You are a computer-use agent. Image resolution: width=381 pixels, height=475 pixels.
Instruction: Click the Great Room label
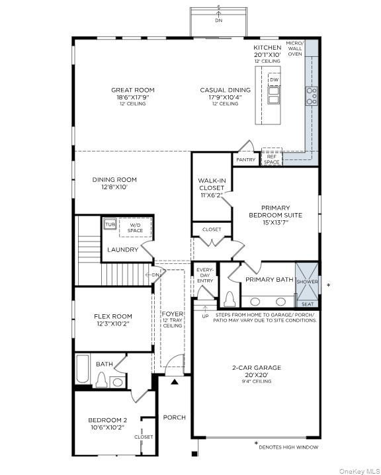click(133, 90)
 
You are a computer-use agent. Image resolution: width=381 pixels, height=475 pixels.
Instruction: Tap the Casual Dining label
click(225, 90)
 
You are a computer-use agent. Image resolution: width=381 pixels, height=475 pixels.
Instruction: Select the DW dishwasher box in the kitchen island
click(274, 79)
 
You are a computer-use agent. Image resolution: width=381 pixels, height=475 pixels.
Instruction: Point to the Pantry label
click(245, 159)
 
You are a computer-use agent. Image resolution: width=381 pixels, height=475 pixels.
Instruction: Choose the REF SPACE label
click(271, 159)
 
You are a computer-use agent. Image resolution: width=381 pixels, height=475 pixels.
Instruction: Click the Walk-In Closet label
click(211, 188)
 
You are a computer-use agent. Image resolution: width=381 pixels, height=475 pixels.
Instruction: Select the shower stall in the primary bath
click(308, 282)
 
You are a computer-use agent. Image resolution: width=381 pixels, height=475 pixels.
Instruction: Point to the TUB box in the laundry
click(110, 225)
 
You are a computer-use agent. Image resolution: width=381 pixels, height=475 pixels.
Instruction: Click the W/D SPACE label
click(135, 228)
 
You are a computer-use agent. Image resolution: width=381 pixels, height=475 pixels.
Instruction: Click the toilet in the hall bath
click(102, 380)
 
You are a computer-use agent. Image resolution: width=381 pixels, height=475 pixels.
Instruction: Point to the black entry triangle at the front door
click(175, 381)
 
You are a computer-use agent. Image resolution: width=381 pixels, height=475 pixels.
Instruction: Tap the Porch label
click(175, 417)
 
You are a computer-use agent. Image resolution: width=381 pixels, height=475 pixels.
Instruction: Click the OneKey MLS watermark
click(357, 470)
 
